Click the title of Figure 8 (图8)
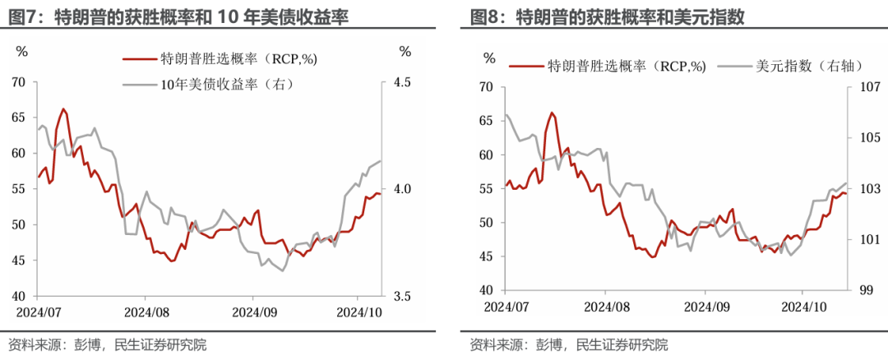tap(613, 16)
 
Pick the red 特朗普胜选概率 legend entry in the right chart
tap(608, 67)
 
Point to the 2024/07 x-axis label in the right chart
tap(506, 307)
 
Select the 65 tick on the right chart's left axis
tap(485, 121)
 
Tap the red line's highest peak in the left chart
tap(62, 108)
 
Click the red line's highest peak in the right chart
tap(552, 113)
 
